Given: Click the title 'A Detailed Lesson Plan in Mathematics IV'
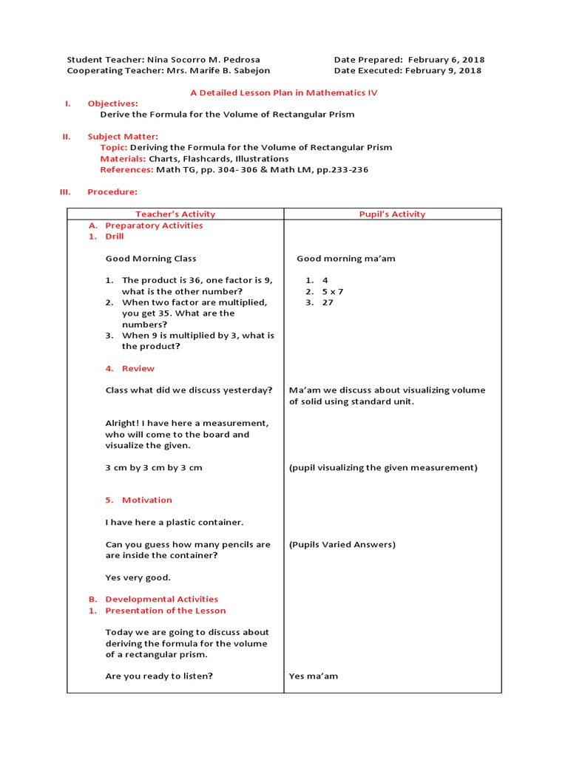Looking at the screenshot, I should (284, 92).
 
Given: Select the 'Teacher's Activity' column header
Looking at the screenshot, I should (175, 214).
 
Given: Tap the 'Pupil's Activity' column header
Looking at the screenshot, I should (392, 214).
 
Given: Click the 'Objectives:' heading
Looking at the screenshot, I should (112, 103).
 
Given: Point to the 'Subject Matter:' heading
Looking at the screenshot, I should (123, 137).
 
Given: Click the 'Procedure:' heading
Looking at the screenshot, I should (112, 192).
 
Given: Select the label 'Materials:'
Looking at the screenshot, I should (123, 159).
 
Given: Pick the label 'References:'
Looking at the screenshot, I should (126, 170).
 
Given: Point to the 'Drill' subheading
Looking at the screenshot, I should (115, 237).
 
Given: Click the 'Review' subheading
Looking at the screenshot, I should (138, 368).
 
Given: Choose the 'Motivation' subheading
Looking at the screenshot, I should (146, 500).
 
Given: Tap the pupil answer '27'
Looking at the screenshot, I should (328, 302).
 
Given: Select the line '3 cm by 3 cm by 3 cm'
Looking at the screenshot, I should (154, 468).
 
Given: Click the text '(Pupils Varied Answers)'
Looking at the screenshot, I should (342, 545).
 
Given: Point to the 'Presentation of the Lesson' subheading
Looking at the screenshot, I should (166, 611).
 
